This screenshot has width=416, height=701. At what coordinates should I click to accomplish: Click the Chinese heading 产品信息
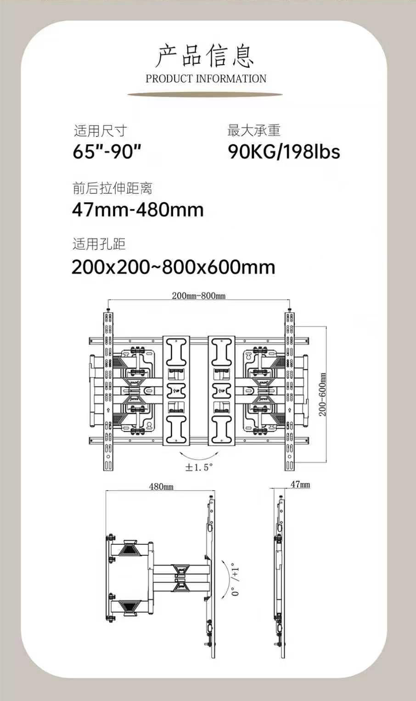coord(205,57)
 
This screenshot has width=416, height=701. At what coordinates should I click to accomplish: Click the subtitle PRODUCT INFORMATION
coord(206,79)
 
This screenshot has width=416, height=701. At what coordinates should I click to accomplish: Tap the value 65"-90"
coord(107,152)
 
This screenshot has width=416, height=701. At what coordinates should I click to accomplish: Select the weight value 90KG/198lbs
coord(284,152)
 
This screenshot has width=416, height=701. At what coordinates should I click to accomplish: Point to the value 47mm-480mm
coord(138,210)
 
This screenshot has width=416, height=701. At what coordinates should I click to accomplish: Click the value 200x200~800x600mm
coord(174,267)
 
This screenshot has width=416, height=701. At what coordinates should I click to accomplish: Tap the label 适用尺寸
coord(100,131)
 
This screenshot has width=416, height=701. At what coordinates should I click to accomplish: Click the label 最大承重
coord(253,130)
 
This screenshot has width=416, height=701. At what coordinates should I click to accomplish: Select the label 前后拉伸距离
coord(112,188)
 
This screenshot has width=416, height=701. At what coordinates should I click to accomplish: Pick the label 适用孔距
coord(99,244)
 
